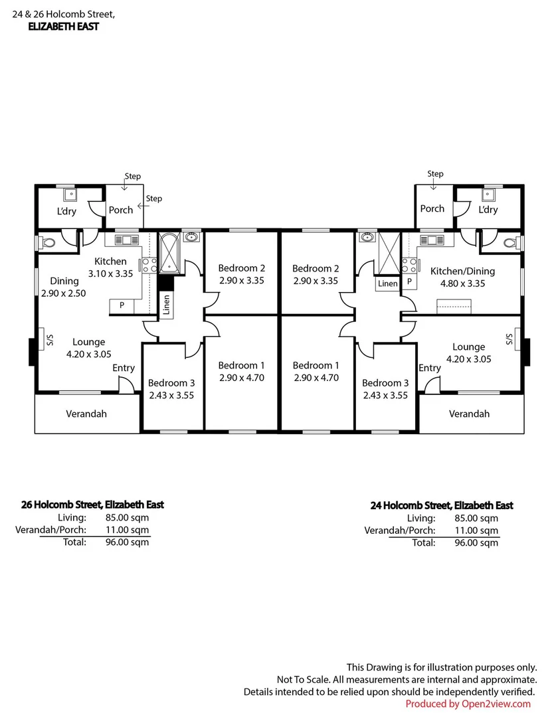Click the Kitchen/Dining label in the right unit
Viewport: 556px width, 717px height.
coord(462,271)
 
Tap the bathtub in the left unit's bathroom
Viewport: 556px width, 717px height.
coord(168,253)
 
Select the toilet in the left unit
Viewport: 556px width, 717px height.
coord(47,243)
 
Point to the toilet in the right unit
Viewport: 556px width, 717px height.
coord(508,243)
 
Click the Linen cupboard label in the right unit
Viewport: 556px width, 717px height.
coord(387,283)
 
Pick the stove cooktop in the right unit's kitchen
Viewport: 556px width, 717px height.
coord(409,265)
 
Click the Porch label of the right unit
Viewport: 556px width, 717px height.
coord(432,208)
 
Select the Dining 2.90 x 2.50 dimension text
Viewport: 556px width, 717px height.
coord(64,293)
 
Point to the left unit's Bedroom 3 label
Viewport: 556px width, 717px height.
coord(171,382)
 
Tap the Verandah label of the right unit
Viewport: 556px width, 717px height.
coord(469,414)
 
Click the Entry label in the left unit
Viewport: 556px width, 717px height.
coord(124,368)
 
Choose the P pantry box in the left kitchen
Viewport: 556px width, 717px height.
coord(122,305)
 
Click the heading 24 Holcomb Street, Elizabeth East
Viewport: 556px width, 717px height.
coord(441,505)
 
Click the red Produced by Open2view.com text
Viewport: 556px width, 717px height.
coord(468,704)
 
